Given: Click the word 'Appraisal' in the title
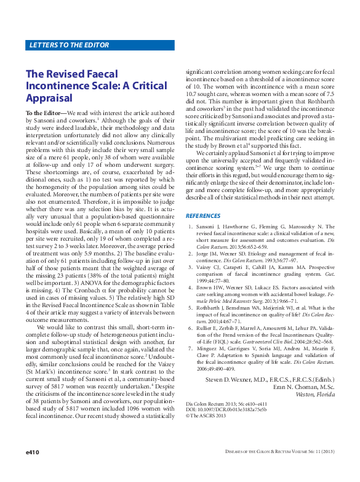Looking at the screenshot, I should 49,98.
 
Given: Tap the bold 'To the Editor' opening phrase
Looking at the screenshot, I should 44,114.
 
